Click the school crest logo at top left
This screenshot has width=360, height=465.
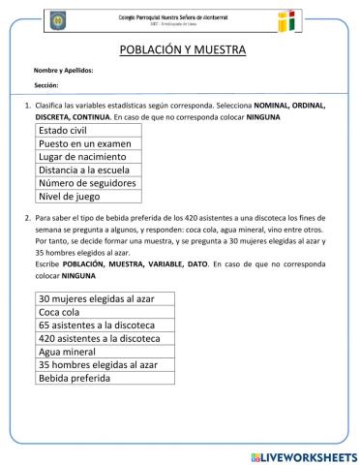point(58,19)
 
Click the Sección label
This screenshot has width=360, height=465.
point(46,85)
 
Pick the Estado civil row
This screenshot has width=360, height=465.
point(88,129)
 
